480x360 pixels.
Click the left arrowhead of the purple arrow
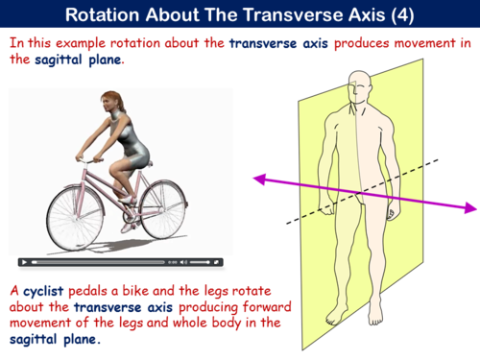pos(258,178)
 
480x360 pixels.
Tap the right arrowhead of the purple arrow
pos(470,207)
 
